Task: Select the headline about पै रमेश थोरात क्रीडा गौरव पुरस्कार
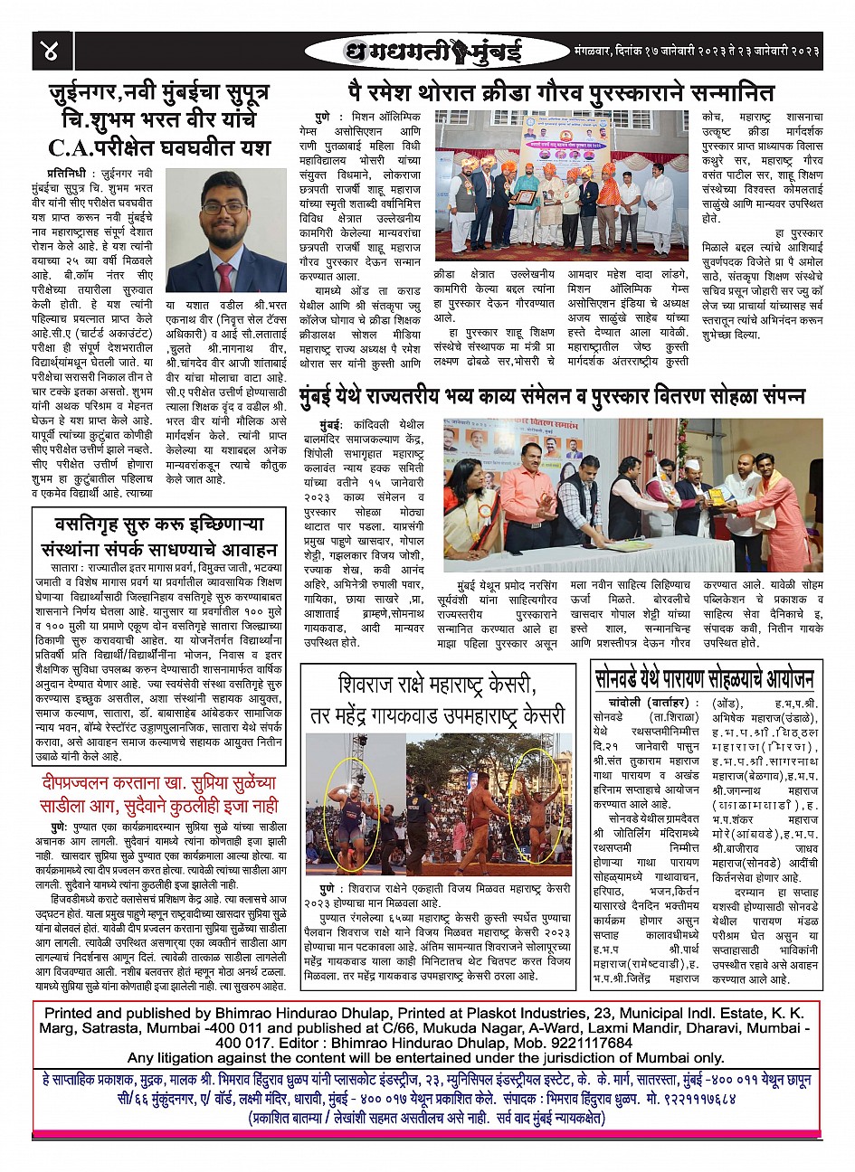pos(562,92)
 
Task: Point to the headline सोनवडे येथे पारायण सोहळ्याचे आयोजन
pos(706,678)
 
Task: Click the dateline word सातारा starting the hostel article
pos(67,566)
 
